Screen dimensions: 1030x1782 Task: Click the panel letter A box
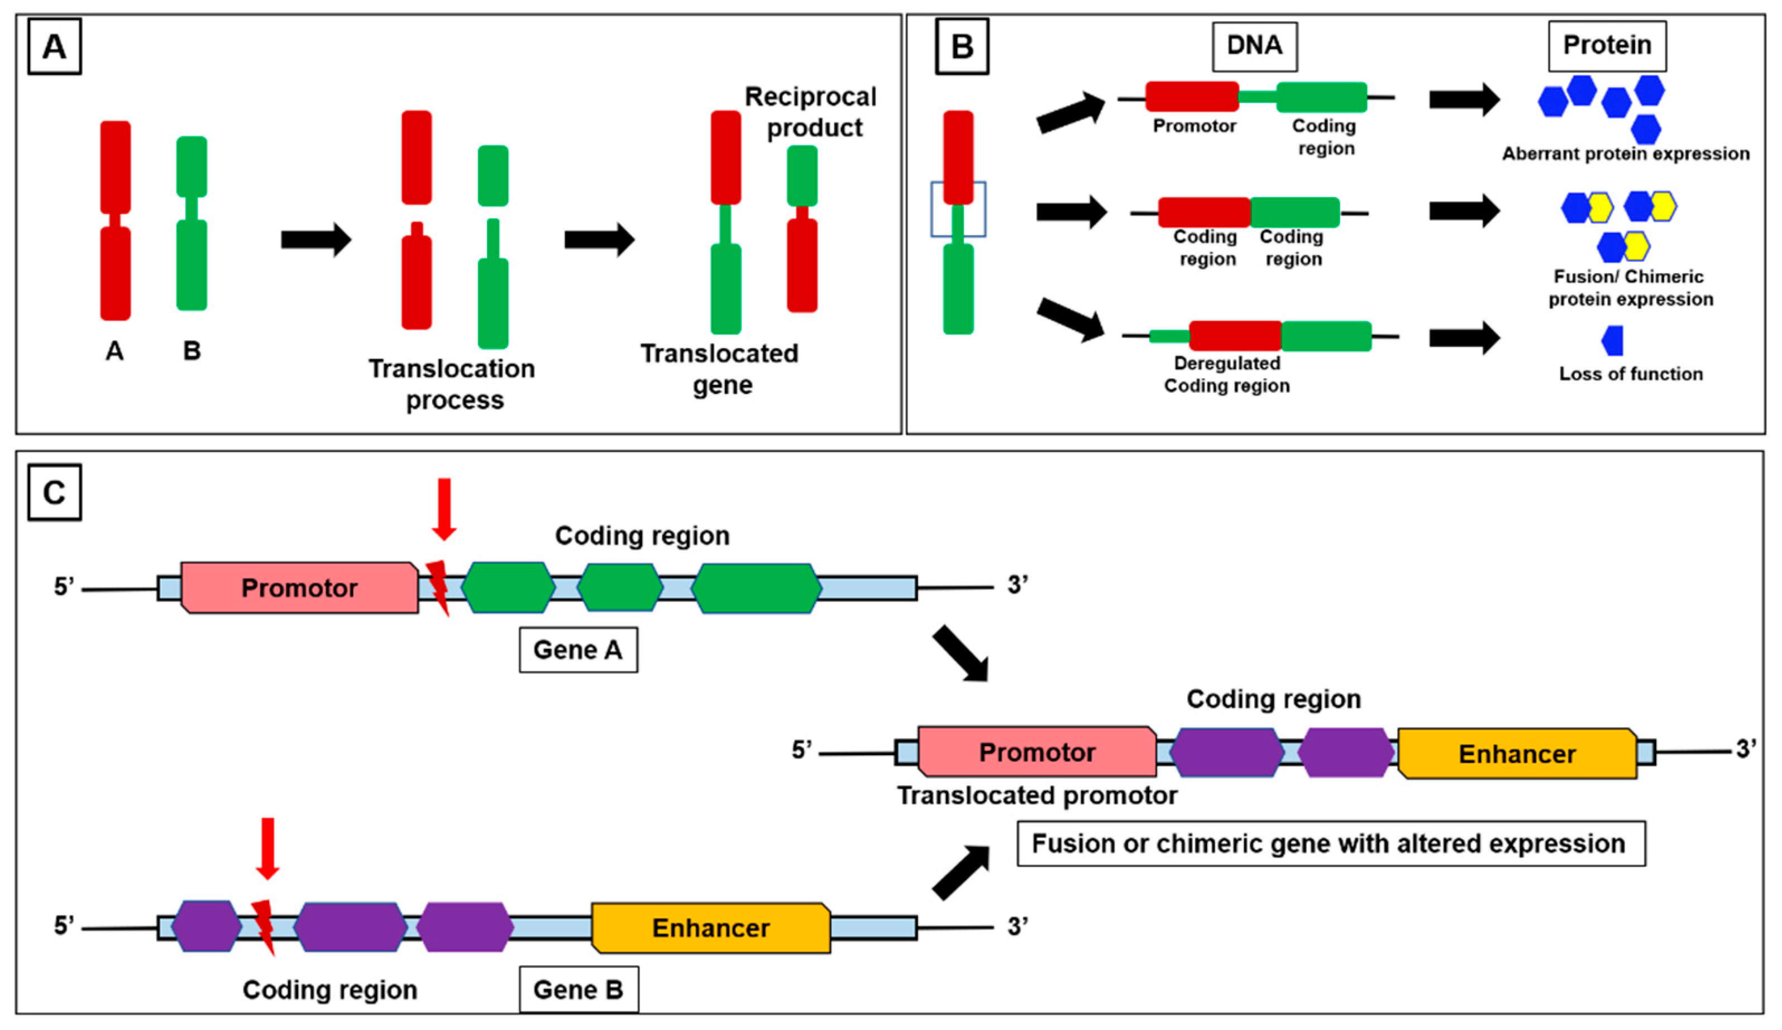point(55,47)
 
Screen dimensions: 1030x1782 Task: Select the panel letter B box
point(962,47)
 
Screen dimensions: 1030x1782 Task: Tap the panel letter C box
point(55,492)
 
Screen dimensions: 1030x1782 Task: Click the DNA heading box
point(1254,46)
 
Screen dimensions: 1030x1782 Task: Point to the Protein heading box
point(1607,46)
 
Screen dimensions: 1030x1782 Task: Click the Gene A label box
point(578,650)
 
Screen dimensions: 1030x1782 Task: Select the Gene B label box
point(578,989)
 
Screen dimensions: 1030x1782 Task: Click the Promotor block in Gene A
point(299,588)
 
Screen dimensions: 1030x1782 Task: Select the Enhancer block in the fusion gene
point(1517,754)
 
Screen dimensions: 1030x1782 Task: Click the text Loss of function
point(1631,374)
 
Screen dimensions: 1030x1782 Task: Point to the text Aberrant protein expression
point(1626,154)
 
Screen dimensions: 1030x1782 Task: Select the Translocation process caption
point(452,384)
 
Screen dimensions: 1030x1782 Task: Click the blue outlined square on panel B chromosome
point(958,209)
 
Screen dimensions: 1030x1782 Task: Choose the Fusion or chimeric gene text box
point(1331,843)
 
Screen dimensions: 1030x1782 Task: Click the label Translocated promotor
point(1036,796)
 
